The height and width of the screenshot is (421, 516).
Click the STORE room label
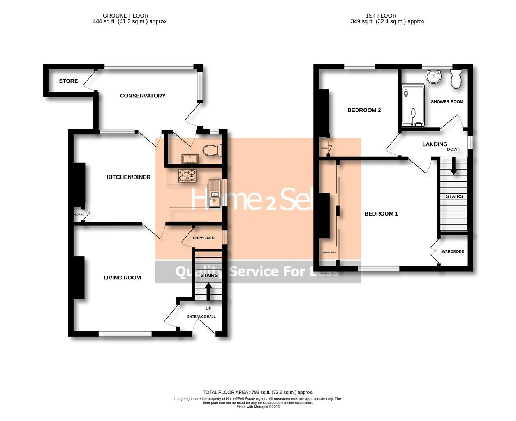point(68,81)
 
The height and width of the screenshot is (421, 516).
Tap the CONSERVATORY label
point(143,96)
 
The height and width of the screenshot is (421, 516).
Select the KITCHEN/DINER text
point(129,177)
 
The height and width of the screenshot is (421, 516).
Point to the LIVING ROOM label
point(122,278)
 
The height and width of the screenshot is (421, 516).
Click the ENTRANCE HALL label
point(201,317)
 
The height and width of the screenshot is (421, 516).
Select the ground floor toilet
point(212,150)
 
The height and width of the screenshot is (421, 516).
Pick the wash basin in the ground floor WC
point(190,159)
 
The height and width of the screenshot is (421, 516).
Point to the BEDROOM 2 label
point(364,110)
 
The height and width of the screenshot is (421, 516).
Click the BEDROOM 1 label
point(381,214)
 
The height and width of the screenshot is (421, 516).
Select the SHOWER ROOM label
point(447,101)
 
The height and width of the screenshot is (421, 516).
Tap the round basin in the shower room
point(433,76)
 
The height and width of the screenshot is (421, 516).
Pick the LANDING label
point(435,144)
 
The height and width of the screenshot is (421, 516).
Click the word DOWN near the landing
point(453,149)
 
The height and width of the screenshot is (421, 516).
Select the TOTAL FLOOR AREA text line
point(258,392)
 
